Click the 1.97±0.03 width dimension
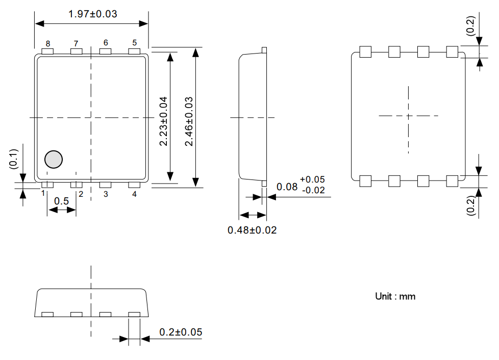click(92, 14)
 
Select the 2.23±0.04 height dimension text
click(163, 120)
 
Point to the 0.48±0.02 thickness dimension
click(252, 230)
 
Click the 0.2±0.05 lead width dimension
click(181, 332)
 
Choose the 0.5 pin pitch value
click(61, 201)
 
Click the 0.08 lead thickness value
click(287, 187)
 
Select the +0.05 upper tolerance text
click(312, 179)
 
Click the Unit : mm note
click(395, 296)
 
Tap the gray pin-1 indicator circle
click(53, 160)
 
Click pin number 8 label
click(47, 43)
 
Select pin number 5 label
click(135, 43)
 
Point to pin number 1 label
click(43, 194)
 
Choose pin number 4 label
click(135, 194)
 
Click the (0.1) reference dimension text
click(13, 159)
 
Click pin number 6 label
click(106, 43)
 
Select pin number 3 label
click(106, 194)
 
